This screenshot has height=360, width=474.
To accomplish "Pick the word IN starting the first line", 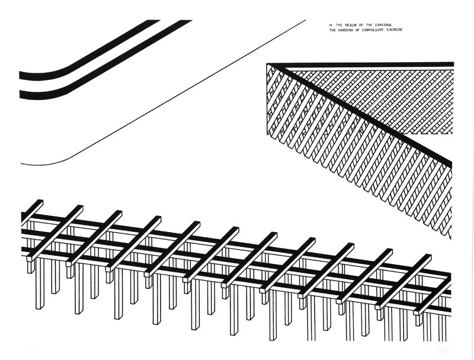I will [331, 24].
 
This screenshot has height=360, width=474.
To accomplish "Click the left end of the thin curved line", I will [22, 164].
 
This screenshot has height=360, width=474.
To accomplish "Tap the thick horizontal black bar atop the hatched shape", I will [367, 65].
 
